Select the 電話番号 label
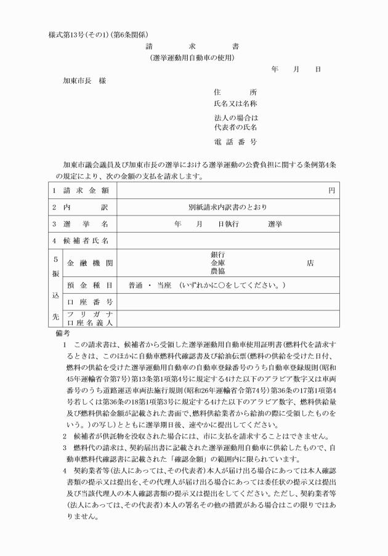pyautogui.click(x=235, y=142)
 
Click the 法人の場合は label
pyautogui.click(x=235, y=118)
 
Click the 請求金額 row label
pyautogui.click(x=89, y=190)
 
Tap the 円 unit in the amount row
pyautogui.click(x=332, y=190)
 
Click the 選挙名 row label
pyautogui.click(x=89, y=224)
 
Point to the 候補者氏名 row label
pyautogui.click(x=89, y=241)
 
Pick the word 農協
pyautogui.click(x=217, y=271)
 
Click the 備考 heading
pyautogui.click(x=63, y=332)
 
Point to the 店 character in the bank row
pyautogui.click(x=310, y=263)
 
